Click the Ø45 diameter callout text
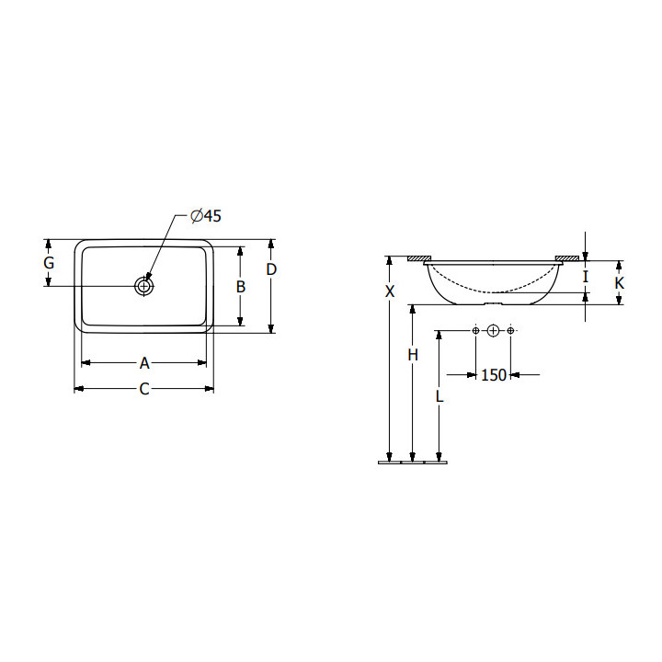pos(206,216)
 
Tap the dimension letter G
pos(49,263)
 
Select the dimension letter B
pos(241,287)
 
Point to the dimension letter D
pos(271,269)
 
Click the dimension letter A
pos(144,362)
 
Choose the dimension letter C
pos(144,389)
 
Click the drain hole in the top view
pos(144,286)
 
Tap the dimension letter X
pos(390,291)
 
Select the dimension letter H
pos(413,355)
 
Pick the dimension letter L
pos(439,396)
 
